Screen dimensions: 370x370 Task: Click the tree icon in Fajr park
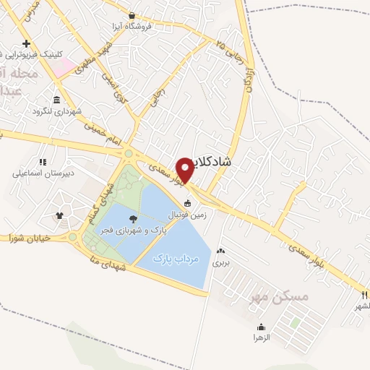click(132, 218)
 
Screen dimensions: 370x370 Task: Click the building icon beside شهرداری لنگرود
click(56, 100)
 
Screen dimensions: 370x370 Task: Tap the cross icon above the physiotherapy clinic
click(26, 43)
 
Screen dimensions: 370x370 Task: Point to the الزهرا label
click(261, 337)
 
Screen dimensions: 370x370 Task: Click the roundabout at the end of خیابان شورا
click(72, 236)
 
